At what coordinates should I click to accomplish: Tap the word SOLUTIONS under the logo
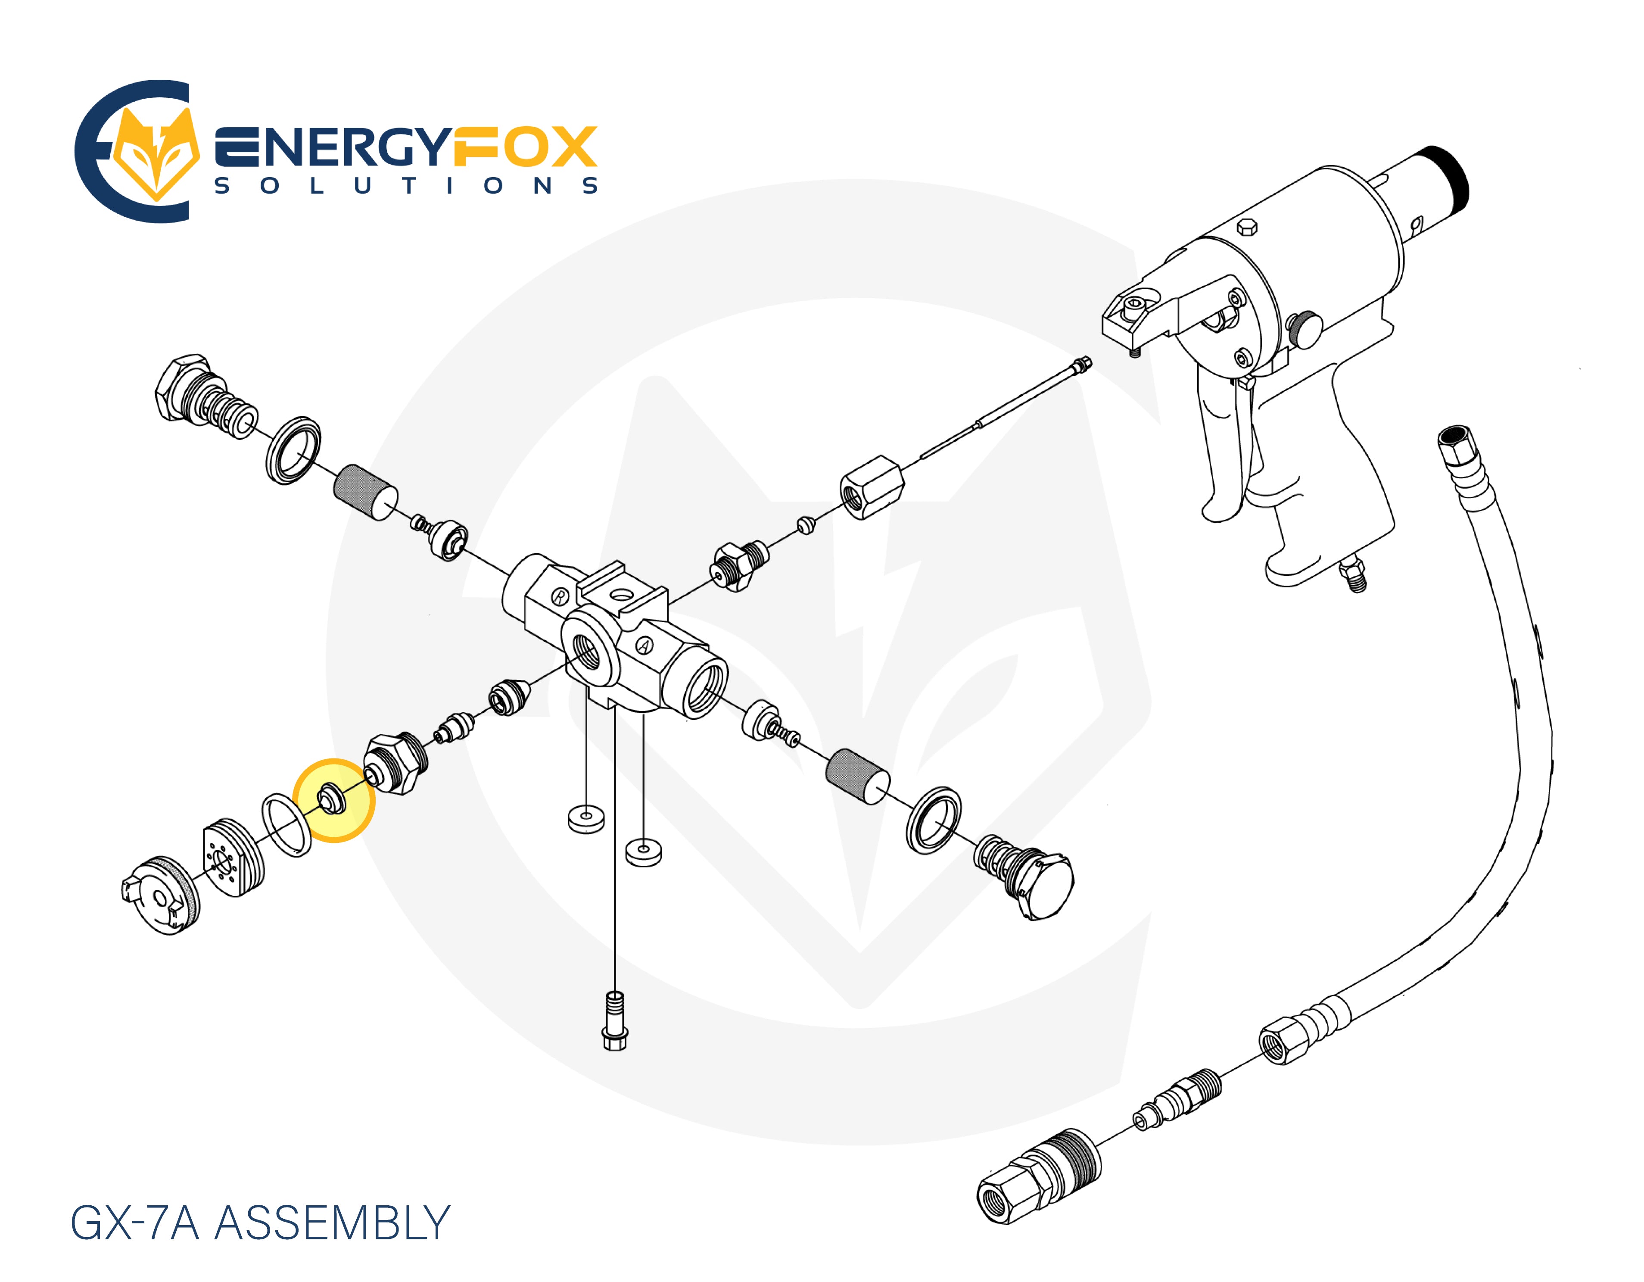tap(407, 186)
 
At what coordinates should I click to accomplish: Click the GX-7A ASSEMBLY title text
tap(260, 1223)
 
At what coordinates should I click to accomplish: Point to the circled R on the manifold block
tap(560, 597)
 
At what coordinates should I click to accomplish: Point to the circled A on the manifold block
tap(645, 645)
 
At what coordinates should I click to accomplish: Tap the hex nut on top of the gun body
tap(1246, 227)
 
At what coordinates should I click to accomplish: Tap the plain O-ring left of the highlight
tap(286, 824)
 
